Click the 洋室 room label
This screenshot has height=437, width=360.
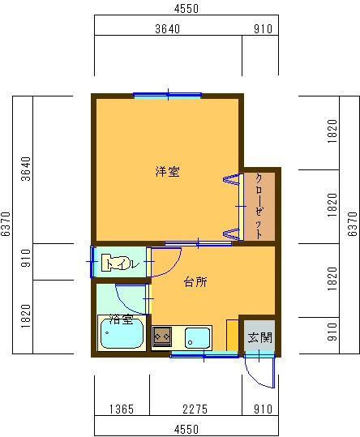[x=168, y=172]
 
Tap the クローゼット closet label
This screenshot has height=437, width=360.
[x=259, y=204]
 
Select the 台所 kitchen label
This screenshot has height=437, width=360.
[x=195, y=282]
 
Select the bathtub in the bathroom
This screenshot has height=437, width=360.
[x=121, y=333]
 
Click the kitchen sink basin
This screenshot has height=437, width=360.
[x=197, y=336]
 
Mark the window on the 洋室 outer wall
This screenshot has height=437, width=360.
[x=168, y=95]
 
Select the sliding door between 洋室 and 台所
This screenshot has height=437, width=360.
[x=198, y=242]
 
